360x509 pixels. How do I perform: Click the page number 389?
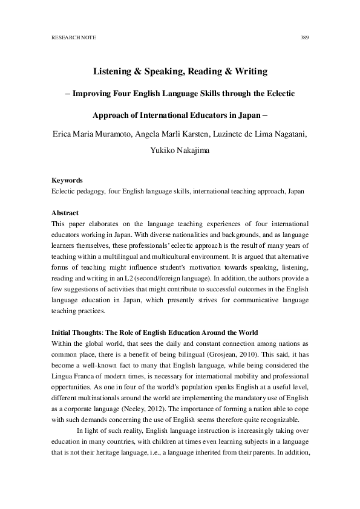tap(305, 37)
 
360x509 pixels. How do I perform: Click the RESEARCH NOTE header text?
tap(71, 37)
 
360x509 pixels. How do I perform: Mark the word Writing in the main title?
tap(245, 72)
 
